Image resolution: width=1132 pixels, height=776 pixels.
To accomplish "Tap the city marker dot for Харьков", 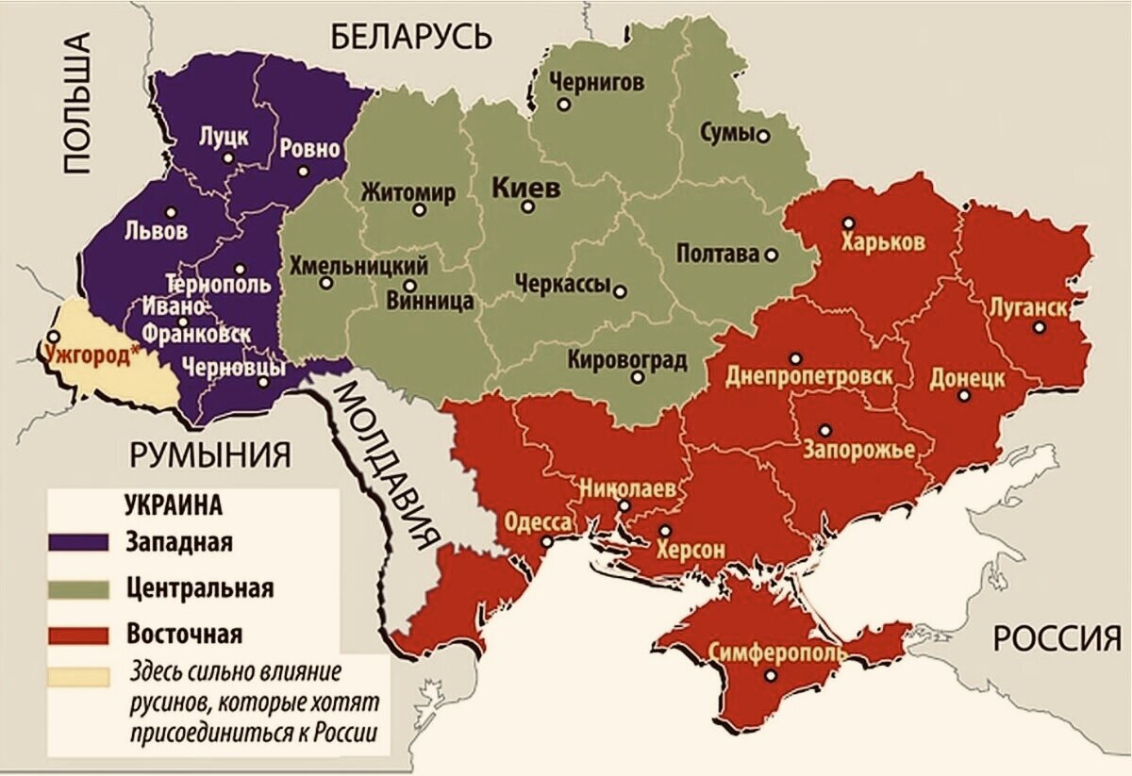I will [x=848, y=223].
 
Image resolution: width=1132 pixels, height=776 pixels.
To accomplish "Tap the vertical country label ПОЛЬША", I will [x=77, y=104].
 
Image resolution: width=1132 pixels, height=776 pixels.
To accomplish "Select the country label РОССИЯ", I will [x=1057, y=639].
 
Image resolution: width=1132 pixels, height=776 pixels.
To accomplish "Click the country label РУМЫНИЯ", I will [x=210, y=455].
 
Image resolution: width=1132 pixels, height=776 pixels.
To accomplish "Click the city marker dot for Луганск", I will [x=1039, y=327].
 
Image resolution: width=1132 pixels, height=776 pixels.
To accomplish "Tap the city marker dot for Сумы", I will [x=763, y=136].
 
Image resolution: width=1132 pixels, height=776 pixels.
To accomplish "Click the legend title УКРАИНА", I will [x=173, y=504].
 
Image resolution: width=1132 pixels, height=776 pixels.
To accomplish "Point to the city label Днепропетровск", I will [x=808, y=377].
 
